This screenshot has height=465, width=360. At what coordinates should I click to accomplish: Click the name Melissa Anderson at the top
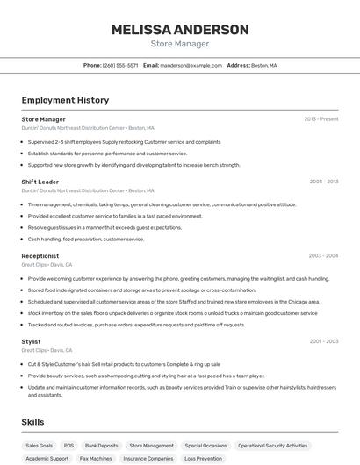pyautogui.click(x=180, y=29)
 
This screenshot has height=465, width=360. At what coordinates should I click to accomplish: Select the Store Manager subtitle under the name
pyautogui.click(x=180, y=43)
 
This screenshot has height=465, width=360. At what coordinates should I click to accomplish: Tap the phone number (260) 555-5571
pyautogui.click(x=120, y=65)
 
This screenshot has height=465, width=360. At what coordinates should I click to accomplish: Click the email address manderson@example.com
pyautogui.click(x=191, y=65)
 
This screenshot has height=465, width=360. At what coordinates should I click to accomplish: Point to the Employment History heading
pyautogui.click(x=65, y=100)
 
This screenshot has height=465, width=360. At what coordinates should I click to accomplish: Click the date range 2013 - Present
pyautogui.click(x=321, y=119)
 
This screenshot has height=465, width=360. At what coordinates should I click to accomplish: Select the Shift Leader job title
pyautogui.click(x=40, y=182)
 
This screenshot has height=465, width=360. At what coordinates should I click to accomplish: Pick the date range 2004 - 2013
pyautogui.click(x=324, y=182)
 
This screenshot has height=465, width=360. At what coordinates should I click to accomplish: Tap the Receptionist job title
pyautogui.click(x=40, y=256)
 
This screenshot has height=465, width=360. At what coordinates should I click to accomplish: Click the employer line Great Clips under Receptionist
pyautogui.click(x=47, y=264)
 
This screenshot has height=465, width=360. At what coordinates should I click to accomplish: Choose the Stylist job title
pyautogui.click(x=32, y=341)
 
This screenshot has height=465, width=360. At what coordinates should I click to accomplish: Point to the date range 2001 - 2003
pyautogui.click(x=324, y=341)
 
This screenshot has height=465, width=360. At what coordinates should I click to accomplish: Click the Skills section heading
pyautogui.click(x=33, y=422)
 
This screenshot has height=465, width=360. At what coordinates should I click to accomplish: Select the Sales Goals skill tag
pyautogui.click(x=39, y=446)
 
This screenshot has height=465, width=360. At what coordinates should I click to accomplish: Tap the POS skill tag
pyautogui.click(x=69, y=446)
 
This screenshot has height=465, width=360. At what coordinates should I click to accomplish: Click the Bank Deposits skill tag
pyautogui.click(x=102, y=446)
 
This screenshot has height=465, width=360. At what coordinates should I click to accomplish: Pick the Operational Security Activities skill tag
pyautogui.click(x=273, y=446)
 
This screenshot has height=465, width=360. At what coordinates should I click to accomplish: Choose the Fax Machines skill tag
pyautogui.click(x=96, y=458)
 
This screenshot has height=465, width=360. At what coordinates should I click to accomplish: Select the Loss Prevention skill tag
pyautogui.click(x=204, y=458)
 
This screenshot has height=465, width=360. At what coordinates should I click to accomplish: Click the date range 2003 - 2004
pyautogui.click(x=324, y=256)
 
